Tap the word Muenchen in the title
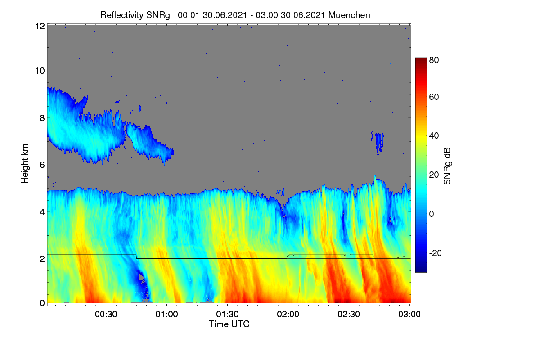pyautogui.click(x=349, y=15)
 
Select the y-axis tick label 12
pyautogui.click(x=40, y=26)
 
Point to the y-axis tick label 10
pyautogui.click(x=40, y=71)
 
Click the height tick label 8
pyautogui.click(x=42, y=118)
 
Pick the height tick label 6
pyautogui.click(x=42, y=165)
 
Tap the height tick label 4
pyautogui.click(x=42, y=212)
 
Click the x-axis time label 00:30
pyautogui.click(x=106, y=315)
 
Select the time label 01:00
pyautogui.click(x=167, y=315)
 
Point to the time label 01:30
pyautogui.click(x=227, y=315)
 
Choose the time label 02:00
pyautogui.click(x=288, y=315)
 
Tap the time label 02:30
pyautogui.click(x=349, y=315)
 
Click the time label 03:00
pyautogui.click(x=409, y=315)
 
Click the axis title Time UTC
pyautogui.click(x=229, y=324)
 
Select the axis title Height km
pyautogui.click(x=25, y=164)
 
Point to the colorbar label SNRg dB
pyautogui.click(x=447, y=166)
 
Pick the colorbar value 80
pyautogui.click(x=434, y=60)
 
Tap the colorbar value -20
pyautogui.click(x=436, y=253)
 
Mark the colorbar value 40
pyautogui.click(x=434, y=136)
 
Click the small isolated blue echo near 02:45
pyautogui.click(x=378, y=143)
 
